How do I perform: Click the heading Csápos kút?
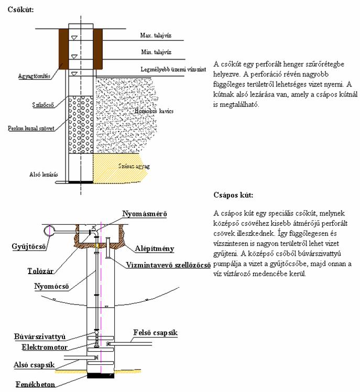(x=233, y=195)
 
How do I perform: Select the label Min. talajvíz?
(x=155, y=52)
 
